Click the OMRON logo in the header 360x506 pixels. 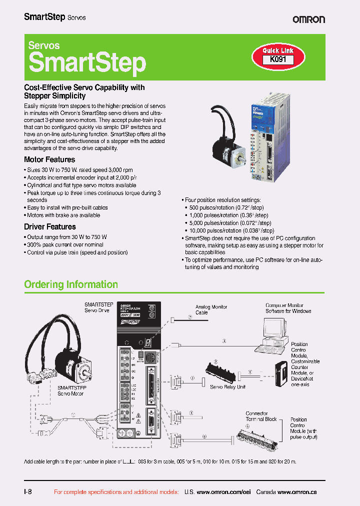[x=308, y=19]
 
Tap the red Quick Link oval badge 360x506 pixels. [x=278, y=50]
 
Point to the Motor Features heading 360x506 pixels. [x=49, y=159]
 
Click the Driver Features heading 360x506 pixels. [x=50, y=226]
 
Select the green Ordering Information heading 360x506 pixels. [x=71, y=284]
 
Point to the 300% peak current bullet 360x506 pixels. [x=65, y=245]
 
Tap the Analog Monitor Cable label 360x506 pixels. [x=211, y=309]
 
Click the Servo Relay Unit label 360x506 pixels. [x=227, y=387]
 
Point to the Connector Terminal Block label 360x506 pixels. [x=261, y=416]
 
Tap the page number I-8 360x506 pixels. [x=28, y=491]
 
